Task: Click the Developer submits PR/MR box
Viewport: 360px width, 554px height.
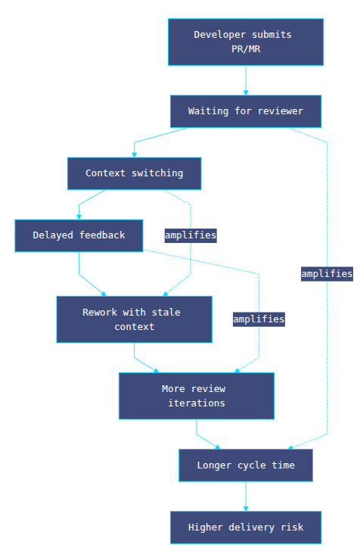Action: (x=246, y=42)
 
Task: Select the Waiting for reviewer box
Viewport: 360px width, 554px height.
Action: (x=246, y=111)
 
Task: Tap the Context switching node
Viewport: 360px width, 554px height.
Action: (x=134, y=173)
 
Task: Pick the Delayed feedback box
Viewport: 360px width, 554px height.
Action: (x=79, y=235)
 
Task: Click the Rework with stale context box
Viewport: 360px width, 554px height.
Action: (x=134, y=319)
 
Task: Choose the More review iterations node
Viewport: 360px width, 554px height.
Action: (x=196, y=396)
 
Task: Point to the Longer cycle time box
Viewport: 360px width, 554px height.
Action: (x=245, y=465)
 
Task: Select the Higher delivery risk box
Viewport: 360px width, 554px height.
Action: (x=245, y=528)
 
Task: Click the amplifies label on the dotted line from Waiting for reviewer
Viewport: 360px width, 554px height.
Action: (x=327, y=274)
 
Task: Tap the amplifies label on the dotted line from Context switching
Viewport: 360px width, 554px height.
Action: (x=191, y=235)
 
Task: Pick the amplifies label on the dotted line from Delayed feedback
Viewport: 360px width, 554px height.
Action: (x=259, y=319)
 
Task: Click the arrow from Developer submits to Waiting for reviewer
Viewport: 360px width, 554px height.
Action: (x=246, y=80)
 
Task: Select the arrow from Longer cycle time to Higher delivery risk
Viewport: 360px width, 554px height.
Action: (x=245, y=496)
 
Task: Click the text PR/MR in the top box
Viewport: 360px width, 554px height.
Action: (x=246, y=48)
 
